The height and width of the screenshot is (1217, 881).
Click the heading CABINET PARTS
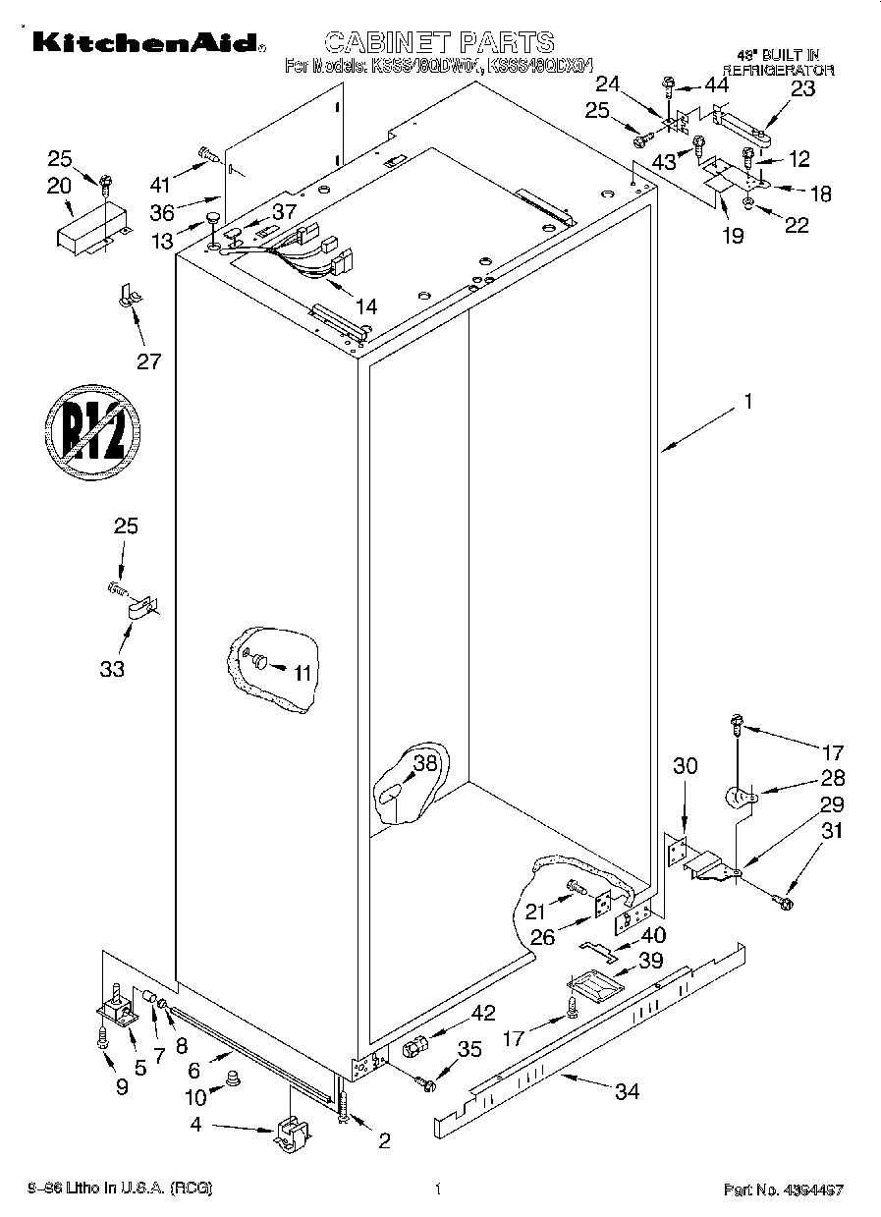click(x=439, y=41)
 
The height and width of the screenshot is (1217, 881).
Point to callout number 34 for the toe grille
click(x=627, y=1091)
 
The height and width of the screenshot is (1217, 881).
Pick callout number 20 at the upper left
click(x=59, y=185)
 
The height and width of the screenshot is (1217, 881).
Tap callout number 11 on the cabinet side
click(x=302, y=673)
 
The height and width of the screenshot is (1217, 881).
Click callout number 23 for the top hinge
click(x=802, y=88)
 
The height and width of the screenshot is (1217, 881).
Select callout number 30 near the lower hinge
click(x=685, y=765)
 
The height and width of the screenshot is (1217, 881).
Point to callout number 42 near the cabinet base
click(x=483, y=1014)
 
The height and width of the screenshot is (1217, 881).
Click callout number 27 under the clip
click(x=148, y=360)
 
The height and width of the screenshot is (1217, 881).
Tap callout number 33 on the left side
click(x=112, y=668)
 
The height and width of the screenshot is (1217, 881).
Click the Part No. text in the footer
click(x=784, y=1189)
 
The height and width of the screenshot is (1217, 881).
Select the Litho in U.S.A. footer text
click(x=121, y=1189)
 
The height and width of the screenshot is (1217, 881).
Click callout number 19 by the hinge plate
click(x=733, y=236)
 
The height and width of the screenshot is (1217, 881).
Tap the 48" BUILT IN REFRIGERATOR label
click(x=779, y=63)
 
